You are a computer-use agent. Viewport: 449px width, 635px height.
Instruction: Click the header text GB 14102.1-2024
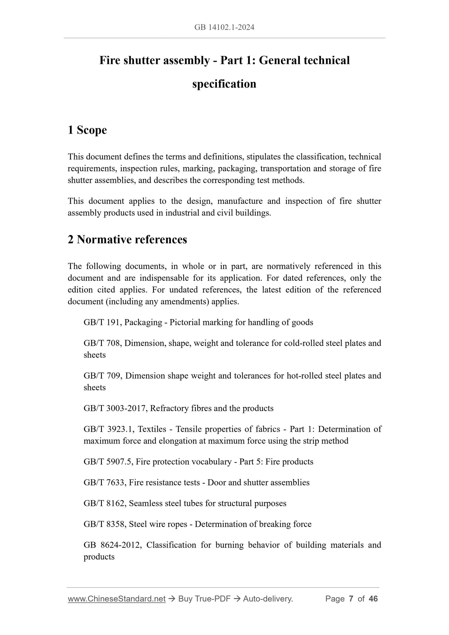[224, 27]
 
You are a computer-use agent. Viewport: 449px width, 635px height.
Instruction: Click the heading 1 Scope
[87, 130]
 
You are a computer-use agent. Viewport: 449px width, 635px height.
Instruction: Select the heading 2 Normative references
[127, 240]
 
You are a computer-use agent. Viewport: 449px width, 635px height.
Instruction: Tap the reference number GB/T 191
[103, 322]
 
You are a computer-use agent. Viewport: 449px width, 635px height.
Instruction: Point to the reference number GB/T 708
[103, 343]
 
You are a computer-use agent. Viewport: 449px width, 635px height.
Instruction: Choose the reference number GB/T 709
[103, 376]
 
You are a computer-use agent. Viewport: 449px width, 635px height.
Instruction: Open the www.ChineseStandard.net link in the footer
[117, 599]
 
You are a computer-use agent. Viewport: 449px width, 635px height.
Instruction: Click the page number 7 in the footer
[351, 599]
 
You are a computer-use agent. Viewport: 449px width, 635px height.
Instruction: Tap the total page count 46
[373, 599]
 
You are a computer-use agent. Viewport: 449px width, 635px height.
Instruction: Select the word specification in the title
[224, 84]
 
